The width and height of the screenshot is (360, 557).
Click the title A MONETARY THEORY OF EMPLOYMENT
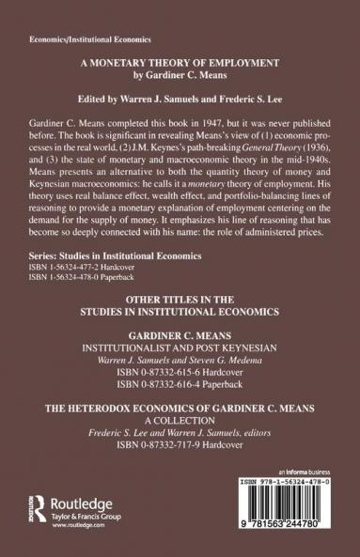point(180,85)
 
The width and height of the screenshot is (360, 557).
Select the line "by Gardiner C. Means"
point(180,97)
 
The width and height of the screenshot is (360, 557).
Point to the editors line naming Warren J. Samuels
point(180,121)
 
